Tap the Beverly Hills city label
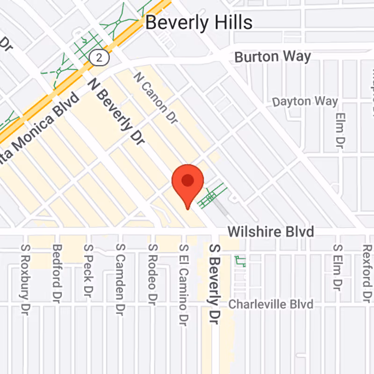pyautogui.click(x=199, y=22)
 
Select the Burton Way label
pyautogui.click(x=273, y=57)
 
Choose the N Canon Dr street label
pyautogui.click(x=156, y=98)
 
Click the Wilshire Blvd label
pyautogui.click(x=270, y=232)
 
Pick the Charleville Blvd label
pyautogui.click(x=271, y=304)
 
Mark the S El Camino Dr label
pyautogui.click(x=184, y=285)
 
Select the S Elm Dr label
pyautogui.click(x=337, y=267)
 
